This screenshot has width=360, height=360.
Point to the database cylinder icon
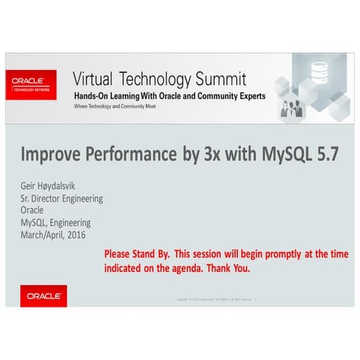319,71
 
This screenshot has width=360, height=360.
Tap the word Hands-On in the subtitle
94,96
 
